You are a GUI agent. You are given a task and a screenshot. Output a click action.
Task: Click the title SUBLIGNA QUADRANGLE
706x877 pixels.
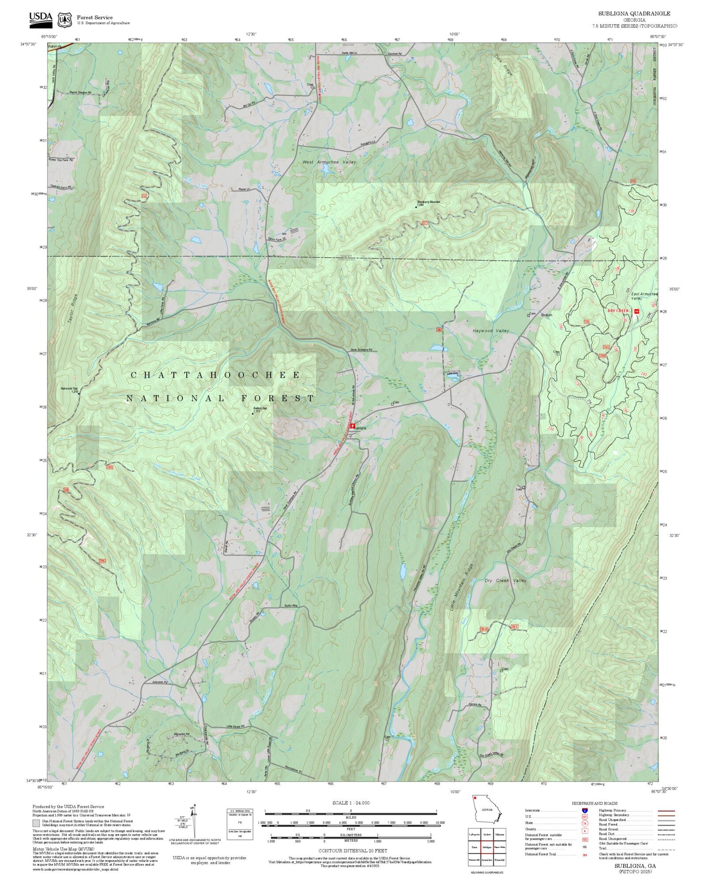point(634,14)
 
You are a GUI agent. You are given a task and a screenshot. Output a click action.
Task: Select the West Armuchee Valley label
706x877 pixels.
point(329,162)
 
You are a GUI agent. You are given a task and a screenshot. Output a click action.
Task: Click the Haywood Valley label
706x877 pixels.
point(491,331)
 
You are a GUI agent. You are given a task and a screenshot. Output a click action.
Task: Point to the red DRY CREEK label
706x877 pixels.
point(618,311)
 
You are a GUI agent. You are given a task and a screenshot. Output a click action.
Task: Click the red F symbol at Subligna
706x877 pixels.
point(353,425)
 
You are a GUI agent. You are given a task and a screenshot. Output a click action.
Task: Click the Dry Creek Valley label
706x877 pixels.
point(505,581)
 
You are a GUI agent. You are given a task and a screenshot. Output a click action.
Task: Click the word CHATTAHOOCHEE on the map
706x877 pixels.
point(216,375)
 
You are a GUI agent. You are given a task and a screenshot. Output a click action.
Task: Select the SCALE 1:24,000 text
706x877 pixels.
point(351,803)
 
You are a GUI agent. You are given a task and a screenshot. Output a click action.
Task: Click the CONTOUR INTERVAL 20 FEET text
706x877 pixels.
point(353,851)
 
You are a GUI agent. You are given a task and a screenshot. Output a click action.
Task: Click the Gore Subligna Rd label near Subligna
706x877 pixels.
point(361,350)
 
